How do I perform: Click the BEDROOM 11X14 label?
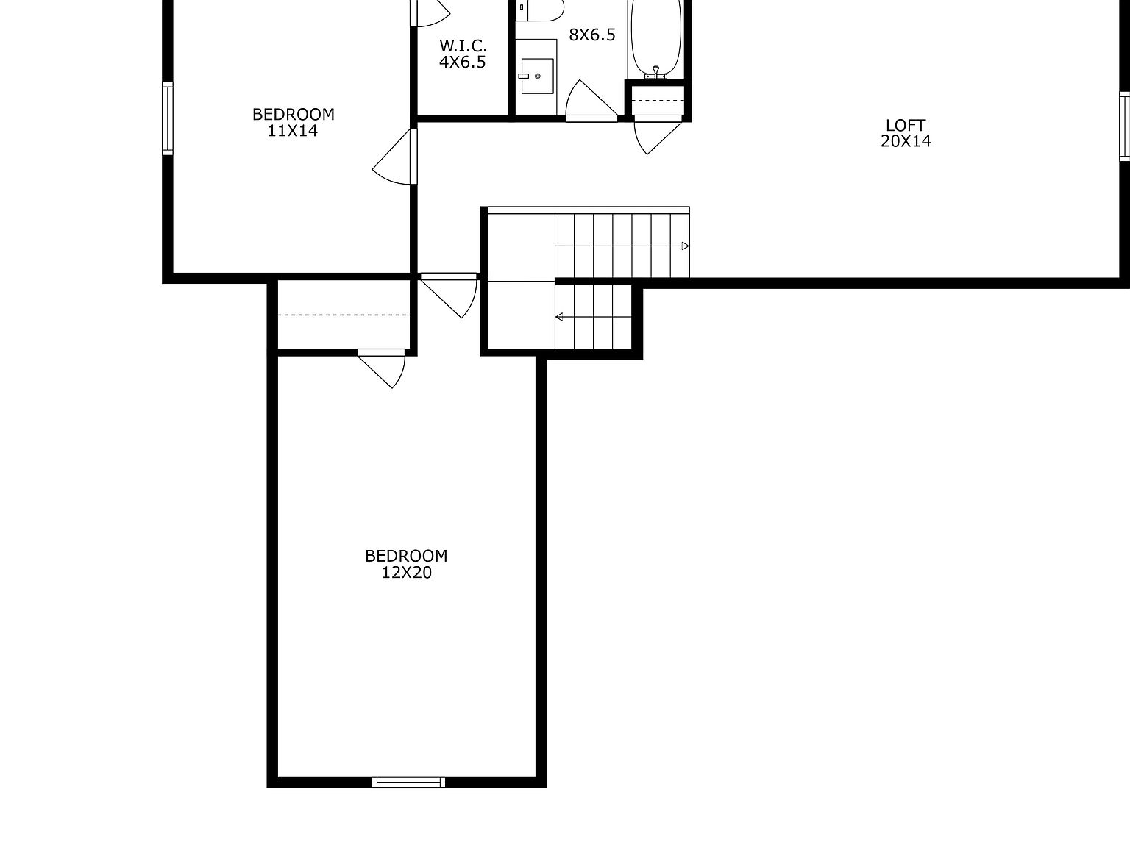pos(293,123)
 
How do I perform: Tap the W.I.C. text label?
pos(463,46)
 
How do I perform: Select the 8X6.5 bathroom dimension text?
pos(591,35)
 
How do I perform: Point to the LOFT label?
pos(906,125)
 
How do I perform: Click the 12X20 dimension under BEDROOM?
pos(406,573)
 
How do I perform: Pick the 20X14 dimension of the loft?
pos(906,141)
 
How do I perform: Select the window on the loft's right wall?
pos(1124,126)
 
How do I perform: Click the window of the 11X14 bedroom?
pos(168,119)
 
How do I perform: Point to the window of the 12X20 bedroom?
pos(409,782)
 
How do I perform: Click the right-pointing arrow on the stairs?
pos(685,246)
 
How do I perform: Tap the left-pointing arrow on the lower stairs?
pos(560,317)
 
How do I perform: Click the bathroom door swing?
pos(589,101)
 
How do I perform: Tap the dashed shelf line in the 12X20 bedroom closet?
pos(342,315)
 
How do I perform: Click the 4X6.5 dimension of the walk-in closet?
pos(463,62)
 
